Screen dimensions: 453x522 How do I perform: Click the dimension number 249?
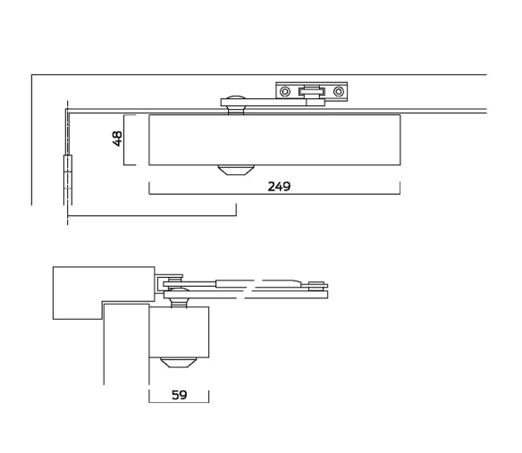pyautogui.click(x=279, y=187)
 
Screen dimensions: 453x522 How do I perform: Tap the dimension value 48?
pyautogui.click(x=117, y=138)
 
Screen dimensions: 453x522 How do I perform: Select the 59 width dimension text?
pyautogui.click(x=179, y=395)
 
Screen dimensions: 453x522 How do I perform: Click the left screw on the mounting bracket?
pyautogui.click(x=285, y=91)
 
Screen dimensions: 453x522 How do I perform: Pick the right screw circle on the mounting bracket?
pyautogui.click(x=338, y=91)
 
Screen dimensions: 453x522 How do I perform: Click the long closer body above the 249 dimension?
pyautogui.click(x=274, y=139)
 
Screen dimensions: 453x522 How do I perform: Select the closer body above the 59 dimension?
pyautogui.click(x=179, y=331)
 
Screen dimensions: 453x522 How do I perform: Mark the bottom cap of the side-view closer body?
pyautogui.click(x=179, y=362)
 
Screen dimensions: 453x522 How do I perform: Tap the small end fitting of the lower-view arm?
pyautogui.click(x=316, y=286)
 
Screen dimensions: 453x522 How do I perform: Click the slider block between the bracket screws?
pyautogui.click(x=311, y=90)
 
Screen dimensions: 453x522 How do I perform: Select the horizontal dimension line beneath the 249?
pyautogui.click(x=274, y=194)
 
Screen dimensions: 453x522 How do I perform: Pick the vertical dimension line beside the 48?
pyautogui.click(x=124, y=139)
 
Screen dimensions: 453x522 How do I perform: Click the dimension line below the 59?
pyautogui.click(x=179, y=402)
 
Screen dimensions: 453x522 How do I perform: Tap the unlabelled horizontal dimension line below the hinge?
pyautogui.click(x=152, y=215)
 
